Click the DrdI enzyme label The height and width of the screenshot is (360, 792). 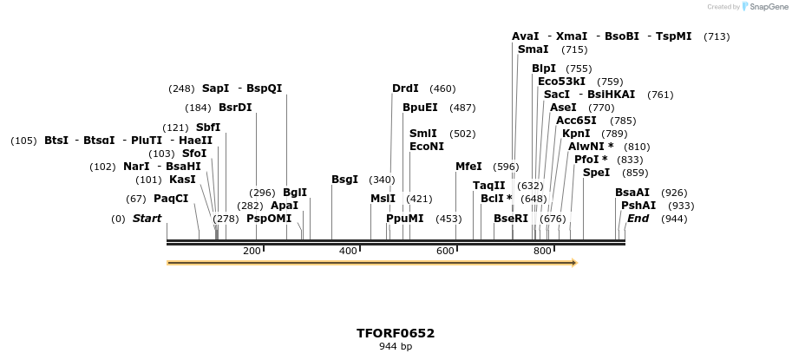tap(405, 88)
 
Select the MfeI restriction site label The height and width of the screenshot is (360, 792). tap(468, 167)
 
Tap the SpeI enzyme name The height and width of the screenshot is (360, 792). tap(596, 173)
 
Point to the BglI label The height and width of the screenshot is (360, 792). tap(295, 193)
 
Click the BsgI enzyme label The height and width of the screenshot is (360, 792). tap(344, 180)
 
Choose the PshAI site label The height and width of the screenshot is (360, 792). tap(638, 206)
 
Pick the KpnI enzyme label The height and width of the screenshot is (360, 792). tap(576, 134)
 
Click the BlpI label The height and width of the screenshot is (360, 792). tap(544, 69)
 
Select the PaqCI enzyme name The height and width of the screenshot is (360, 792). tap(171, 199)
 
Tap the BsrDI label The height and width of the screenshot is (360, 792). tap(235, 108)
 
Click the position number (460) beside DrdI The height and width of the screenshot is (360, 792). tap(442, 88)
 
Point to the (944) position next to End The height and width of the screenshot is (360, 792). tap(674, 219)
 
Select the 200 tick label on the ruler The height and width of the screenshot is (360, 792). tap(252, 251)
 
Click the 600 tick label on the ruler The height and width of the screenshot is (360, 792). tap(446, 251)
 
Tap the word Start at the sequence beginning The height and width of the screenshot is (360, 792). tap(147, 219)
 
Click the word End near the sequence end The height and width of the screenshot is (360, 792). tap(638, 219)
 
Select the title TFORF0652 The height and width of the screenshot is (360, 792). tap(396, 333)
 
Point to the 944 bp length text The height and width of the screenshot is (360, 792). tap(396, 347)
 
